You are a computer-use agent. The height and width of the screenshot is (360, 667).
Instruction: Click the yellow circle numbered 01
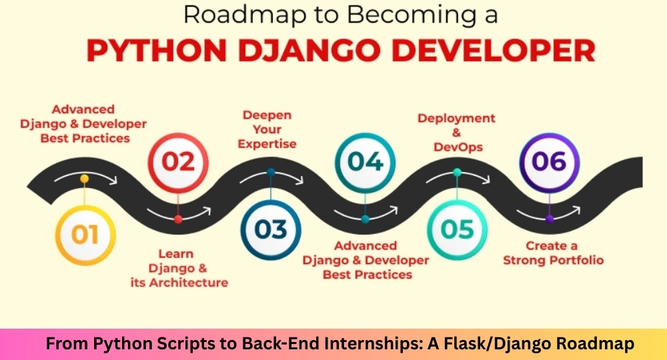point(85,235)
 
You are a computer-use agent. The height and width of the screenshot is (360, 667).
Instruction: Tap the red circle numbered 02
point(178,163)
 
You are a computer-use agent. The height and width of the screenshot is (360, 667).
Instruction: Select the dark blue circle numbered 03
point(271,230)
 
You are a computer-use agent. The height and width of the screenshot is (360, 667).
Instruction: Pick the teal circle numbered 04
point(365,163)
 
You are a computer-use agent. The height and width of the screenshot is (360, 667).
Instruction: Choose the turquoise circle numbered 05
point(458,230)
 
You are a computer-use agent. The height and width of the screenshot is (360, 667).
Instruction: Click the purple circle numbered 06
point(550,163)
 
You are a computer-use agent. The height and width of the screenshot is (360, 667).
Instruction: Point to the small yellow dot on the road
point(85,179)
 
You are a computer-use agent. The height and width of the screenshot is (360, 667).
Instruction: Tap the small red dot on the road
point(178,219)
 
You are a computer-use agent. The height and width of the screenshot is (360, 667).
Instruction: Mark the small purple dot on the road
point(550,219)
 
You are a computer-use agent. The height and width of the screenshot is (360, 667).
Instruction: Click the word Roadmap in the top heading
point(245,15)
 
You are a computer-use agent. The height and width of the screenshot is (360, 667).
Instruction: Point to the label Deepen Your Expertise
point(267,129)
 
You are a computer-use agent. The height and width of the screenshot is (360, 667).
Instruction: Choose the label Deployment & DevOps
point(456,133)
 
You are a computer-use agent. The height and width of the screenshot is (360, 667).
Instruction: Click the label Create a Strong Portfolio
point(554,253)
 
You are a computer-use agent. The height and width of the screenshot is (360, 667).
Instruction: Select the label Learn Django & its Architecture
point(179,268)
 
